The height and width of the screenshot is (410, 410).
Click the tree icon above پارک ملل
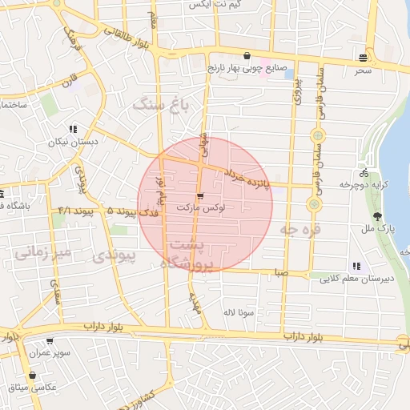coord(376,216)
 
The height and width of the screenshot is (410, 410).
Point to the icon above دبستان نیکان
coord(73,128)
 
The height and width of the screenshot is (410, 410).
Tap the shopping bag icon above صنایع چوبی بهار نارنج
coord(247,57)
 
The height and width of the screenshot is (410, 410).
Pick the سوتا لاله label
coord(239,311)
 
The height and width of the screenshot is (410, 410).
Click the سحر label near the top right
coord(364,70)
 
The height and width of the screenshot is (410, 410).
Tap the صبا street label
coord(279,272)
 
